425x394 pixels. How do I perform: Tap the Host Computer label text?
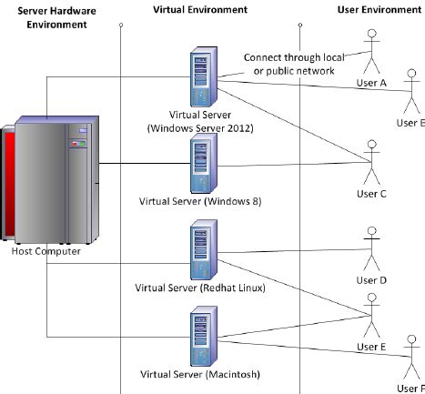[x=46, y=251]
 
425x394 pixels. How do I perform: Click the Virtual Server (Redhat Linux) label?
[x=199, y=288]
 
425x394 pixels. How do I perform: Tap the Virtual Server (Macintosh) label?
[x=199, y=374]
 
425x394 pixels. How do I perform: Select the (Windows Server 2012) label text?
[x=202, y=128]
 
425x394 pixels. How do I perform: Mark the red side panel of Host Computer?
[x=7, y=182]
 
